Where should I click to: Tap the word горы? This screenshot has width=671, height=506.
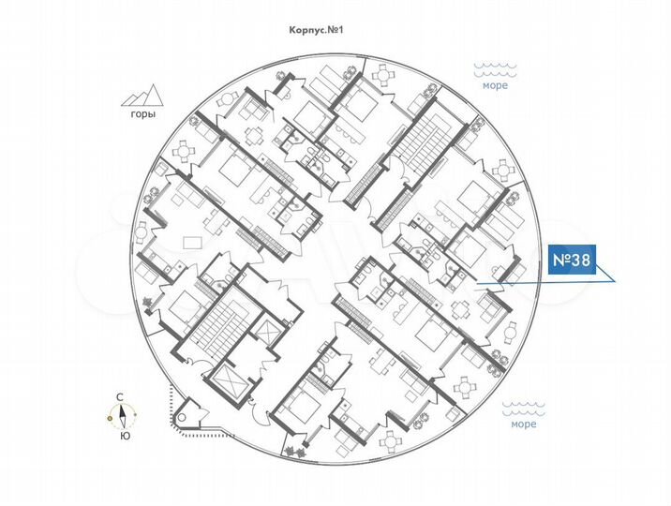tap(142, 115)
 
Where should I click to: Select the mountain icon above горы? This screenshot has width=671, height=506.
tap(143, 94)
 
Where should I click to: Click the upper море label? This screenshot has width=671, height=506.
tap(495, 86)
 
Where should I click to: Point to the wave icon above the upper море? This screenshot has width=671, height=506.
tap(495, 69)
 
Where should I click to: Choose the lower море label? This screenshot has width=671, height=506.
tap(524, 424)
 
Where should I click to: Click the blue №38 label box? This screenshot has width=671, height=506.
tap(570, 261)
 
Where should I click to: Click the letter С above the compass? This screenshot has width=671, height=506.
tap(120, 397)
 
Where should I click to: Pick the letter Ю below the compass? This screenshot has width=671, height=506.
tap(124, 436)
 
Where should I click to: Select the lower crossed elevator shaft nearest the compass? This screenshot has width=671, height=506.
tap(229, 381)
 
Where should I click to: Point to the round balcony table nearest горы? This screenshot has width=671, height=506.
tap(184, 148)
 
